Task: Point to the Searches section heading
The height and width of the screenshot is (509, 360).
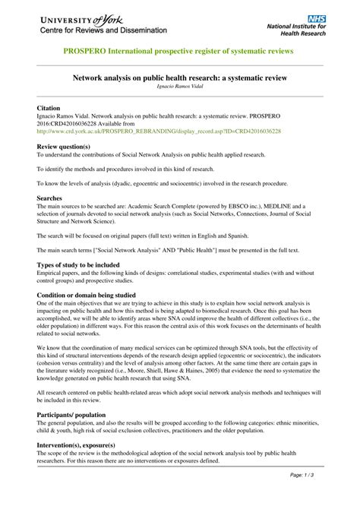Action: [52, 198]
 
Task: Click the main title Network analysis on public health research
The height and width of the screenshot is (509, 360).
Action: [180, 77]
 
